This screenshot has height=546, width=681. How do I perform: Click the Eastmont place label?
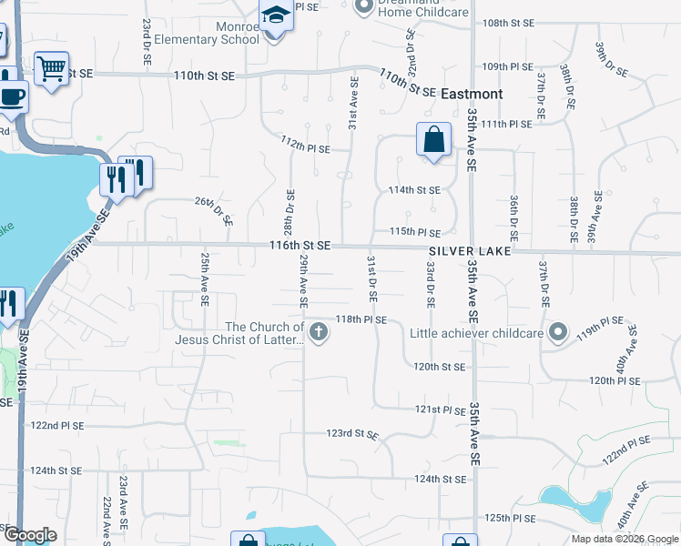point(472,94)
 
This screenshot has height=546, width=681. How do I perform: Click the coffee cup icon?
point(12,95)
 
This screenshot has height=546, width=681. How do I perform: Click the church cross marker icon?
point(319,332)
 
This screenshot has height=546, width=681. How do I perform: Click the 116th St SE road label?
point(300,247)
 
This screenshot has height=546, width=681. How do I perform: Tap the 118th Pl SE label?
point(362,320)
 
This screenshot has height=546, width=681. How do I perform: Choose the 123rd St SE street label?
point(352,435)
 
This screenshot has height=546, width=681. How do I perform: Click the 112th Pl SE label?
point(305,144)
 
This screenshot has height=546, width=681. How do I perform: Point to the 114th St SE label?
point(414,190)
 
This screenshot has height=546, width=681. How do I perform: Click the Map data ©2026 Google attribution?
point(624,539)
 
